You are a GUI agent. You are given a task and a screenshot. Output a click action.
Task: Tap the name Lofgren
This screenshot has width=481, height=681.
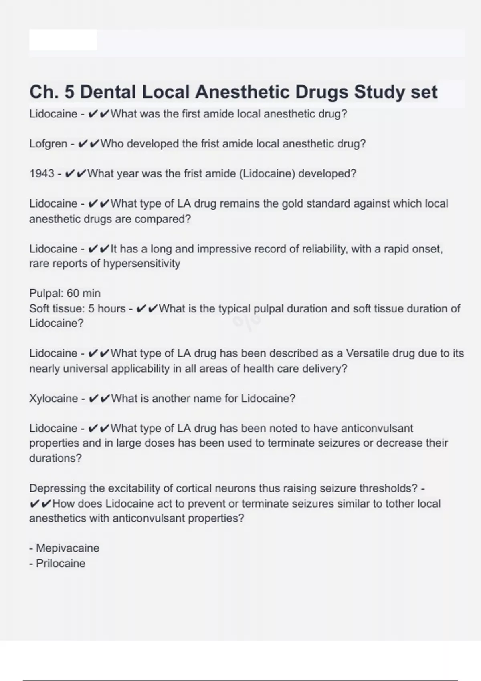pos(48,144)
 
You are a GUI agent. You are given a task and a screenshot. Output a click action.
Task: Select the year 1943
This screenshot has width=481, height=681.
pos(42,174)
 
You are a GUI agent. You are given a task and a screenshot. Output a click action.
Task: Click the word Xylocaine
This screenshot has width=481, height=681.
pos(53,399)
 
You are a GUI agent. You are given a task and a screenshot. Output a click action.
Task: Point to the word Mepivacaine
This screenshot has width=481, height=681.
pos(67,548)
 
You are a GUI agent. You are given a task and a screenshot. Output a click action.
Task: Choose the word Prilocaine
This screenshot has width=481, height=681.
pos(61,563)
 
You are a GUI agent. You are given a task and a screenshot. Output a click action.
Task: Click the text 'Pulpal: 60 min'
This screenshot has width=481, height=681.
pos(65,293)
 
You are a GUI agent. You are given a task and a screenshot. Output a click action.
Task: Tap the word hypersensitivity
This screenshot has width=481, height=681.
pos(142,264)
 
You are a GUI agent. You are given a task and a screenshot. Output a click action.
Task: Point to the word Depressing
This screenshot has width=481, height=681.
pos(57,488)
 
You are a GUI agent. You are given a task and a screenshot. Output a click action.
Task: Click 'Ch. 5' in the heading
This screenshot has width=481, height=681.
pos(52,92)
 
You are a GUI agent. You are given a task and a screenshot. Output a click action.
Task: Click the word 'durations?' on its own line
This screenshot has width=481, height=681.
pos(55,458)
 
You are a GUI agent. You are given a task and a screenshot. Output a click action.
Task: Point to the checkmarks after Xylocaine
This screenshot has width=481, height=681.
pos(98,399)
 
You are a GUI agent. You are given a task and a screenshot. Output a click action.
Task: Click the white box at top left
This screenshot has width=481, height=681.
pos(63,40)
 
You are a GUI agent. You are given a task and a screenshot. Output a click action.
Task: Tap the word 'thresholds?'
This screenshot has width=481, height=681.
pos(389,488)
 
